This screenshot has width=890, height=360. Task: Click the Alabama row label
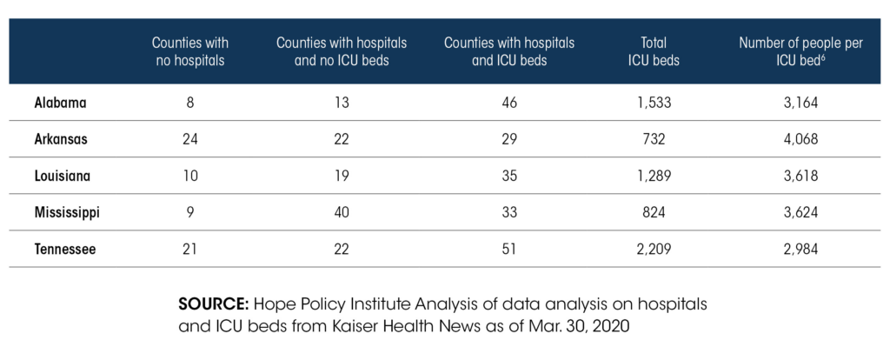pos(60,103)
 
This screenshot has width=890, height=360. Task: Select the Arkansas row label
pos(61,139)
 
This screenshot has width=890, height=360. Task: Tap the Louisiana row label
pos(63,176)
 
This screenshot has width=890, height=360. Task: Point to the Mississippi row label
pos(67,212)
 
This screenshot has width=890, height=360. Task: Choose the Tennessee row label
pos(65,249)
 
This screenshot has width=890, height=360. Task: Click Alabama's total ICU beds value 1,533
pos(654,103)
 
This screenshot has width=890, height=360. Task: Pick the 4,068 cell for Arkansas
pos(800,139)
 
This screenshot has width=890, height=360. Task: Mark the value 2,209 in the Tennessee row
pos(654,249)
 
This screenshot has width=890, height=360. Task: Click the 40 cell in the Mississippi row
pos(342,212)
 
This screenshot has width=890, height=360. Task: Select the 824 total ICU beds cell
pos(654,212)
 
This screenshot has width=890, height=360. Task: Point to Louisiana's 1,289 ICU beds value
pos(654,176)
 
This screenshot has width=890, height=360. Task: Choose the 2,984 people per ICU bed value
pos(800,249)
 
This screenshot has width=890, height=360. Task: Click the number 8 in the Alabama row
pos(189,103)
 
